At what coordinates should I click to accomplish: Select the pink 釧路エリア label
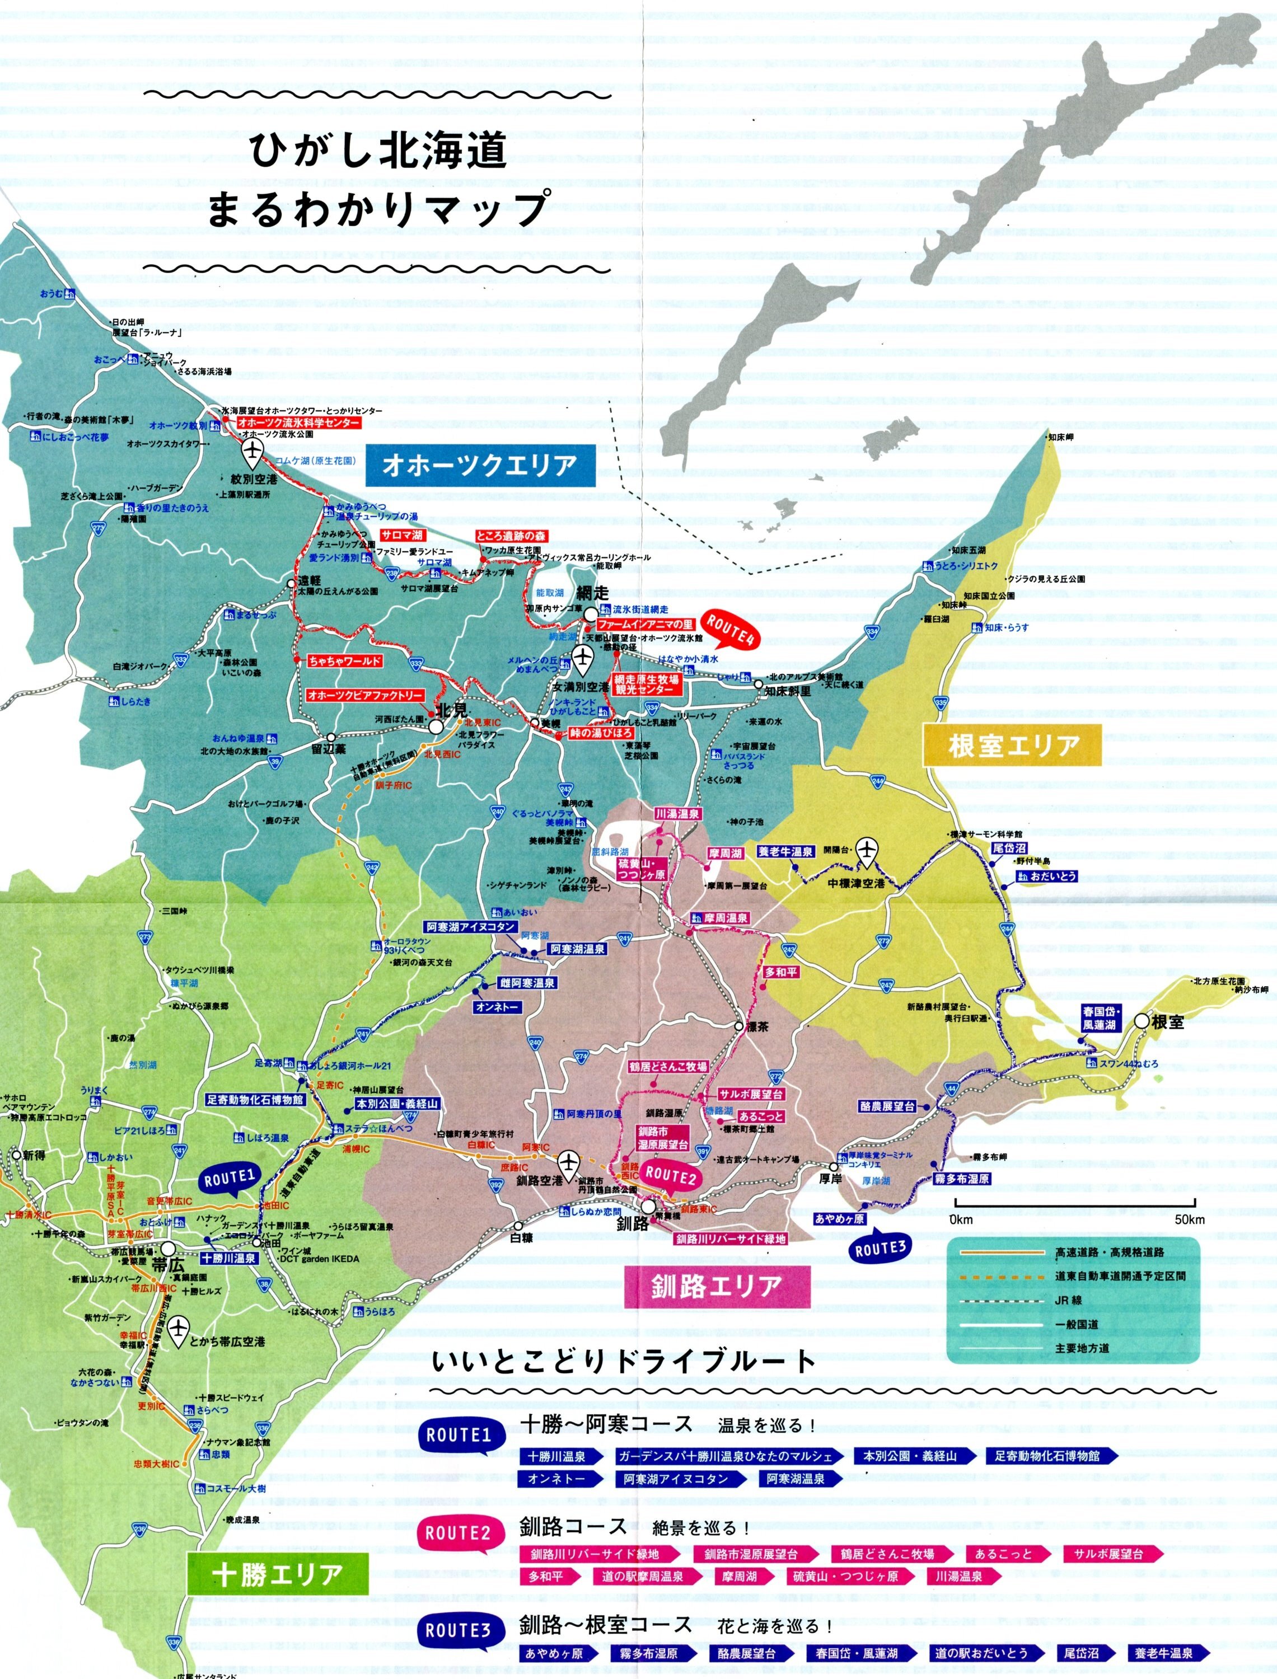(x=716, y=1286)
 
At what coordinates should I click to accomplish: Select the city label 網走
(x=593, y=593)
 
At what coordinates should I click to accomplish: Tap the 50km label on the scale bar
(x=1190, y=1220)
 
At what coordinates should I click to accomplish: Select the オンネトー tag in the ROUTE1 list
(x=557, y=1479)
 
